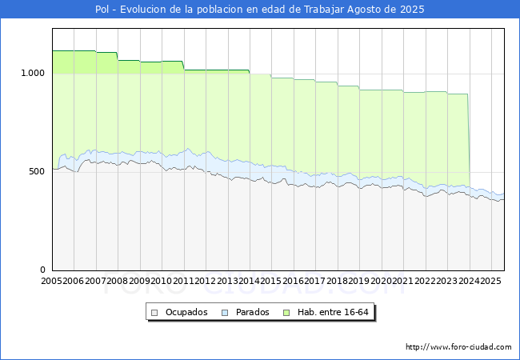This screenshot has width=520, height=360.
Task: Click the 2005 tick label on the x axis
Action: point(52,282)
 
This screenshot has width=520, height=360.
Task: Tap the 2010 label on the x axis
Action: point(162,282)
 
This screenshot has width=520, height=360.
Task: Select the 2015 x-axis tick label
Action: point(271,282)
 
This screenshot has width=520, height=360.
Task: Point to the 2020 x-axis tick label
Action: point(381,282)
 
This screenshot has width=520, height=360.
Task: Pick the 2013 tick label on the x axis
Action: point(227,282)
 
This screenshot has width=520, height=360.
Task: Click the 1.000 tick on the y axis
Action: point(33,74)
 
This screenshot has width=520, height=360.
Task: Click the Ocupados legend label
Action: point(186,312)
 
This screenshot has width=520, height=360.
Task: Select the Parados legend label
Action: point(252,312)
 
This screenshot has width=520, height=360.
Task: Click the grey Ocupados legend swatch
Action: point(155,312)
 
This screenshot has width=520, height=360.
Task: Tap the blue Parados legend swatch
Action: point(226,312)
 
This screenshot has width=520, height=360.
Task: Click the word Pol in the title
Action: point(103,10)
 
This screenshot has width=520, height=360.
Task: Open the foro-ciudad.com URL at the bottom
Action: point(458,347)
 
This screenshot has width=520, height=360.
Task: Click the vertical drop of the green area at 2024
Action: point(469,140)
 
